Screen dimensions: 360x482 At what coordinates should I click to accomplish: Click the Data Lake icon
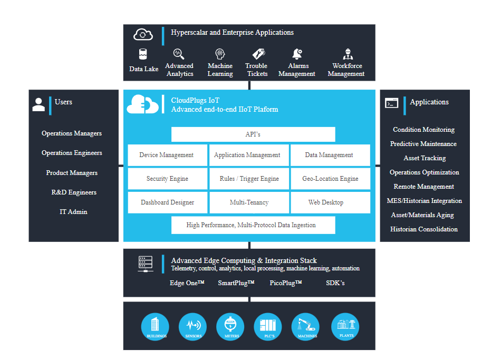[143, 54]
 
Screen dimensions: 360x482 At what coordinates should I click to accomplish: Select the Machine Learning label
[220, 70]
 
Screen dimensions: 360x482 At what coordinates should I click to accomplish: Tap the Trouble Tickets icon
[258, 54]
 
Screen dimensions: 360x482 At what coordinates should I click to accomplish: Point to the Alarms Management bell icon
[297, 54]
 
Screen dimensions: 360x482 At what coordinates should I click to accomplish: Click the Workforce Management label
[346, 70]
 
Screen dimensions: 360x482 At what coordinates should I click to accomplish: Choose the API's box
[253, 134]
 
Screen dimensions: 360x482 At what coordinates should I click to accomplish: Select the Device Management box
[167, 155]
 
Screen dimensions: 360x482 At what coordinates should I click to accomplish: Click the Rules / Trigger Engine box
[249, 179]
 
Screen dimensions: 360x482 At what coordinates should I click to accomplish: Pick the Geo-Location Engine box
[330, 179]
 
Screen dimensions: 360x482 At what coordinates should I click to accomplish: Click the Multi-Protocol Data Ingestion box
[253, 225]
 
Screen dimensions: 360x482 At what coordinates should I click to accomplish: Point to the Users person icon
[38, 104]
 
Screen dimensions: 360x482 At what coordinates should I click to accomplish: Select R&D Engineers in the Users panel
[74, 192]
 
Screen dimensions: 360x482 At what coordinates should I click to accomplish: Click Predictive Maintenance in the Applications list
[423, 144]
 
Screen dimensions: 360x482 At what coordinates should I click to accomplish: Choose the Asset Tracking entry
[425, 158]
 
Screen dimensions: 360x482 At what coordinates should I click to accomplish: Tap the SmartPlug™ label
[236, 283]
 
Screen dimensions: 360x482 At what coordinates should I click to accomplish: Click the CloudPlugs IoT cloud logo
[142, 104]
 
